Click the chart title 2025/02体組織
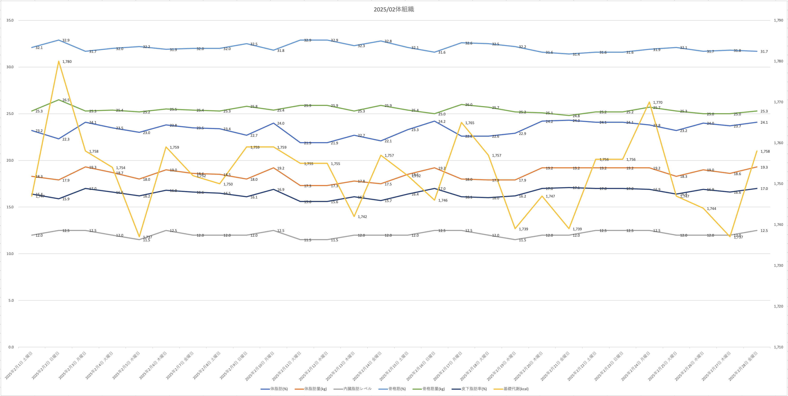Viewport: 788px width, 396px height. click(394, 9)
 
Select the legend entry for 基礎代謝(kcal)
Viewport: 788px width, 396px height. click(516, 389)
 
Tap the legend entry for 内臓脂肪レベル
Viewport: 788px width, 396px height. click(357, 389)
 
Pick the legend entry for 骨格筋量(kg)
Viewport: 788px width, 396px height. click(433, 389)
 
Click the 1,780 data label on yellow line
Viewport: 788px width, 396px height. click(67, 62)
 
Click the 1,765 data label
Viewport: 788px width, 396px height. click(470, 123)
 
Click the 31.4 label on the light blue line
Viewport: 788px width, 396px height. click(576, 54)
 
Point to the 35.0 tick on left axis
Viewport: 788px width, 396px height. click(10, 20)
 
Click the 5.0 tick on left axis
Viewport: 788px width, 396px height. click(11, 301)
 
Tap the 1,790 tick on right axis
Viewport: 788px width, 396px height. click(778, 20)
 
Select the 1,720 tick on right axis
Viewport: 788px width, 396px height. click(778, 306)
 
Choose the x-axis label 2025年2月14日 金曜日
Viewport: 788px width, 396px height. click(367, 366)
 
